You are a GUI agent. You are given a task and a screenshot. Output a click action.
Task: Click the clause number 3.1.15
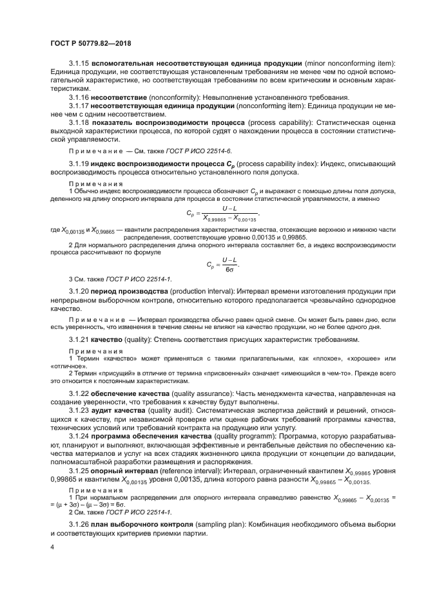(x=79, y=64)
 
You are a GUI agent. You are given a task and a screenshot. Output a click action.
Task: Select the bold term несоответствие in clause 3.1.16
(x=121, y=97)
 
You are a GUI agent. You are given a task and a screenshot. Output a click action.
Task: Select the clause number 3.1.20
(x=79, y=292)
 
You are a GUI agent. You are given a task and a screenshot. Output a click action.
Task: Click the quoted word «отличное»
(x=63, y=365)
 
